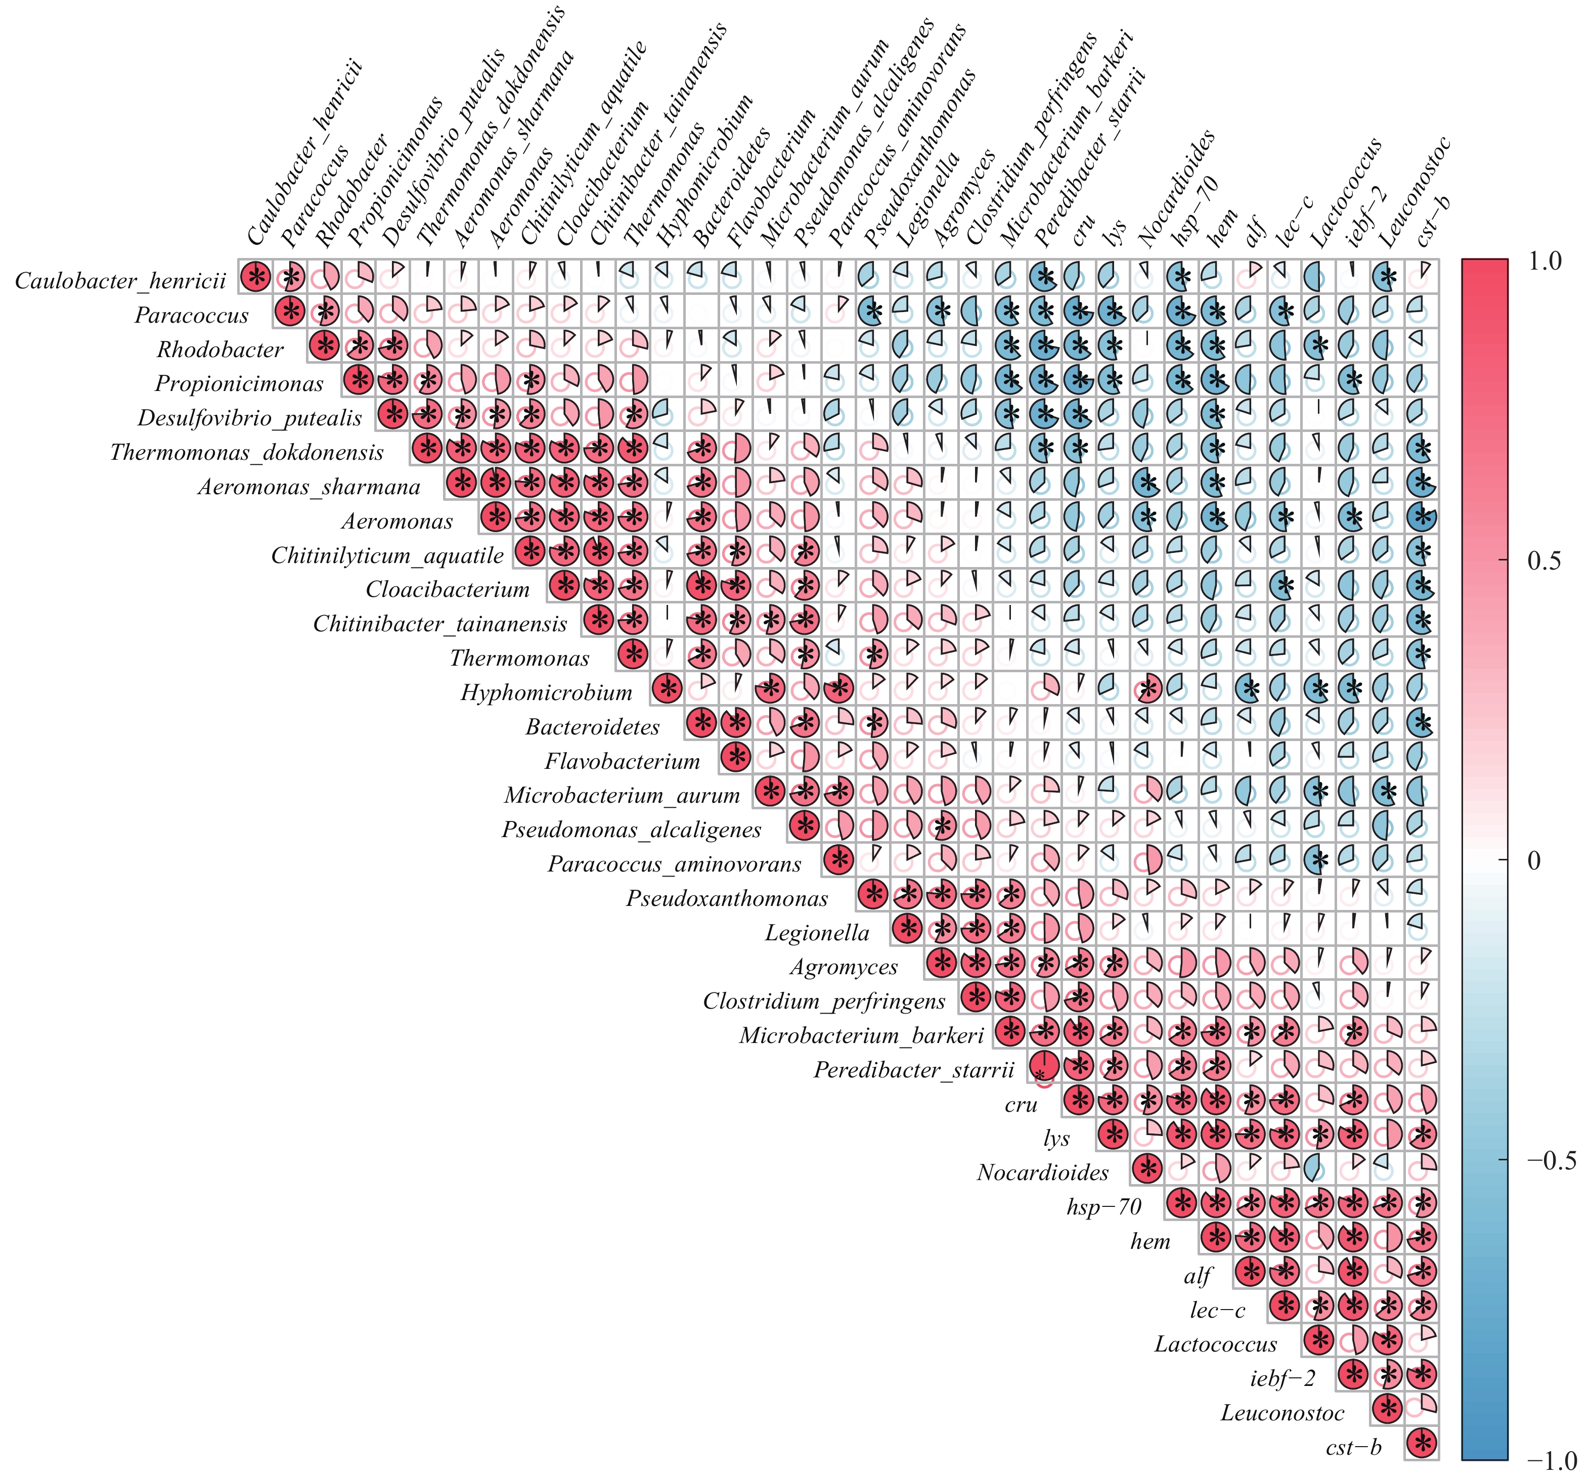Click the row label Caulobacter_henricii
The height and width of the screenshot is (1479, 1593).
[120, 281]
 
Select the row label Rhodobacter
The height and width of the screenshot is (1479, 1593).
[220, 350]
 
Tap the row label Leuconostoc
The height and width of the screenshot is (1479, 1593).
[1282, 1413]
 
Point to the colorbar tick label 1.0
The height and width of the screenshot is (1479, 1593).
[1543, 262]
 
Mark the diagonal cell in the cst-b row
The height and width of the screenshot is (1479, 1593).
[1422, 1445]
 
